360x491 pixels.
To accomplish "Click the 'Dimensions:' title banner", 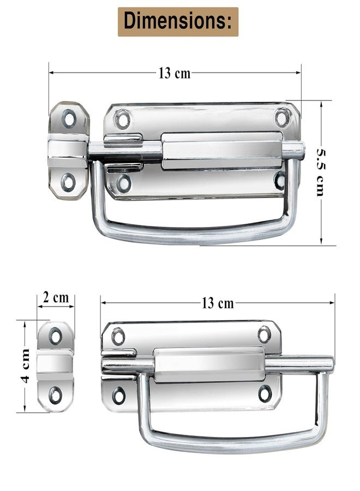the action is click(x=178, y=22).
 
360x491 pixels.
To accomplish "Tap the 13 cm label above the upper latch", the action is click(x=175, y=73).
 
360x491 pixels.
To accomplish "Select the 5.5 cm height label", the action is click(x=321, y=172).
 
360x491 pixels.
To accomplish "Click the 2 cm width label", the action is click(x=56, y=297).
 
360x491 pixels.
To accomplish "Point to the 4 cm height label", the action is click(x=25, y=366).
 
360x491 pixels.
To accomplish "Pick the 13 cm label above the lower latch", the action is click(x=218, y=303).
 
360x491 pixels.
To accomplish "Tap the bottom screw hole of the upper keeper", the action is click(x=68, y=183).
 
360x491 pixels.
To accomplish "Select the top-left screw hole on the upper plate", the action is click(x=122, y=119).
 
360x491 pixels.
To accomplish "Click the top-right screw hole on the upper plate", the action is click(x=283, y=117).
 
